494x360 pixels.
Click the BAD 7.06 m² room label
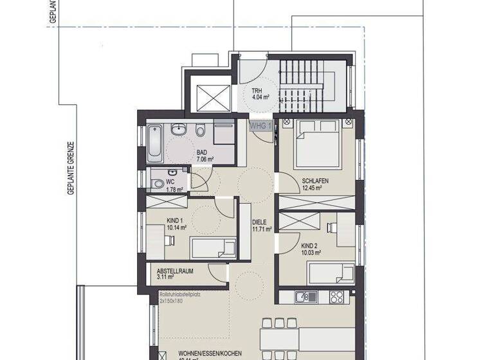coord(205,156)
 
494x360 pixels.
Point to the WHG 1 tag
coord(261,125)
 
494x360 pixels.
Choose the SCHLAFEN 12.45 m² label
coord(315,184)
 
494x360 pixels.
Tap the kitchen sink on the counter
coord(300,297)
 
